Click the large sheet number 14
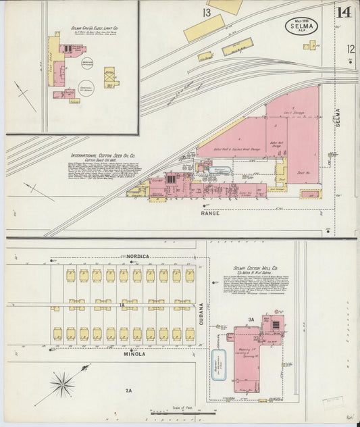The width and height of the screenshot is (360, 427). (x=344, y=13)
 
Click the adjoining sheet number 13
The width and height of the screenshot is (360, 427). (x=206, y=13)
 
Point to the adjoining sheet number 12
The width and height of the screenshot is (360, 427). (x=351, y=49)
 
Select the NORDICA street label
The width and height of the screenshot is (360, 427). (x=137, y=257)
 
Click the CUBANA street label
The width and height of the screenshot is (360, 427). (x=201, y=313)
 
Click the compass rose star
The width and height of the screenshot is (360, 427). (x=62, y=385)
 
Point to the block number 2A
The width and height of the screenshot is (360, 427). (x=128, y=391)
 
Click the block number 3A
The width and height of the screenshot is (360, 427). (x=249, y=319)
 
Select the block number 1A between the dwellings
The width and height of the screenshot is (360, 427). (x=122, y=305)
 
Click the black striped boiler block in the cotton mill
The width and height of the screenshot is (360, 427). (x=277, y=324)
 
